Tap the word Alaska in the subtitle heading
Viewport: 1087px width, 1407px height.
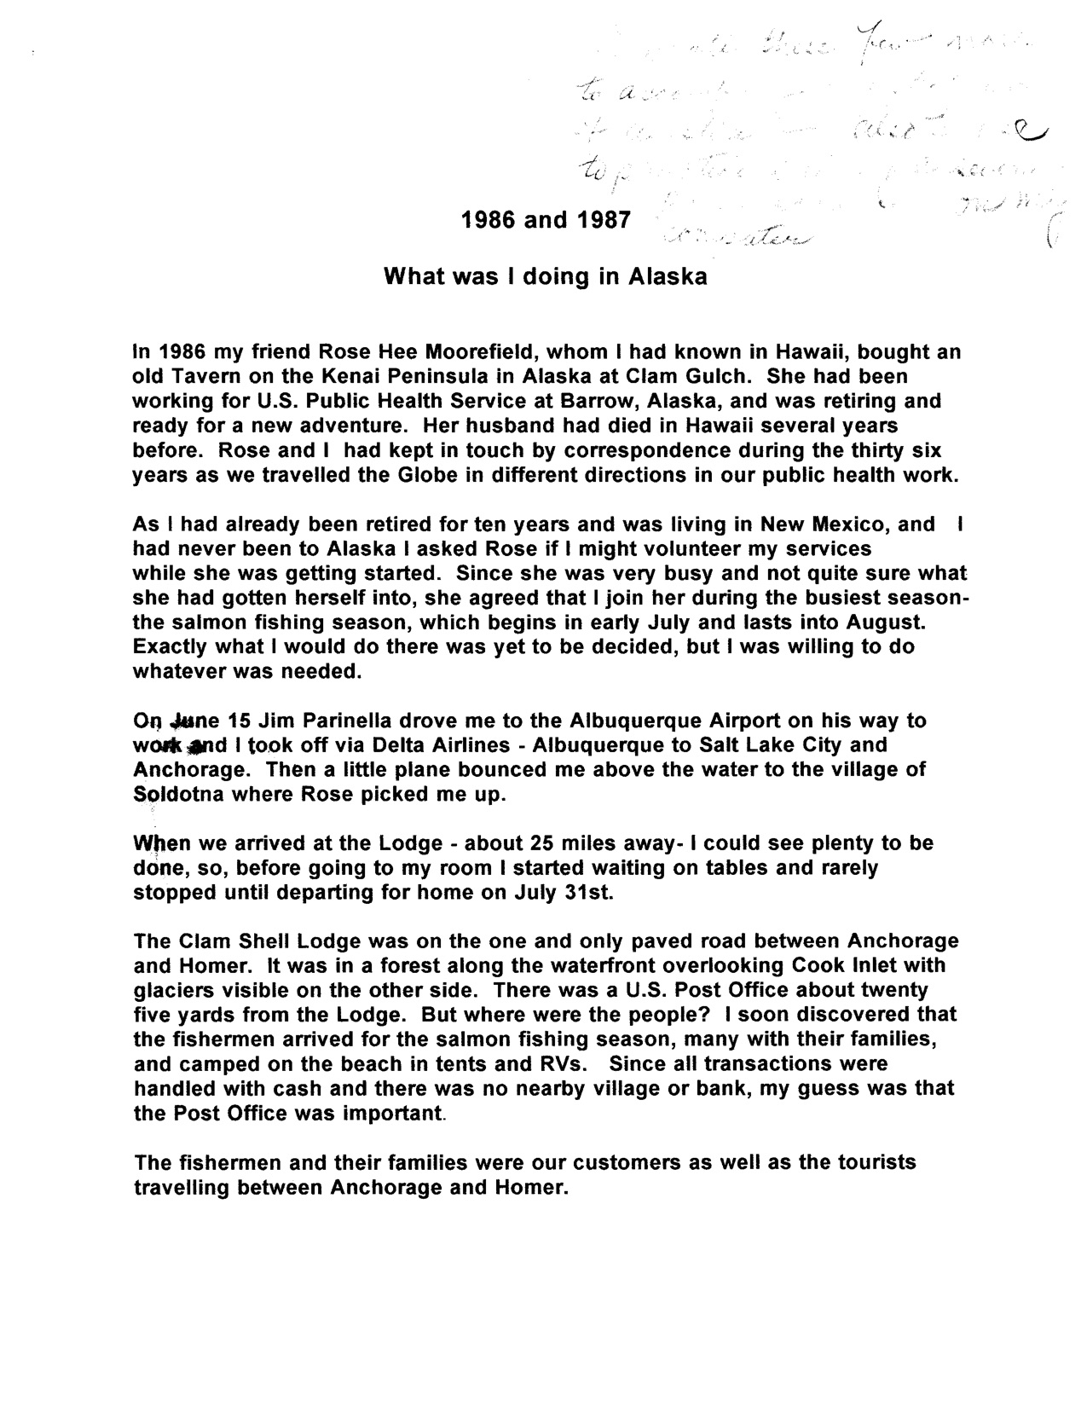[668, 277]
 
